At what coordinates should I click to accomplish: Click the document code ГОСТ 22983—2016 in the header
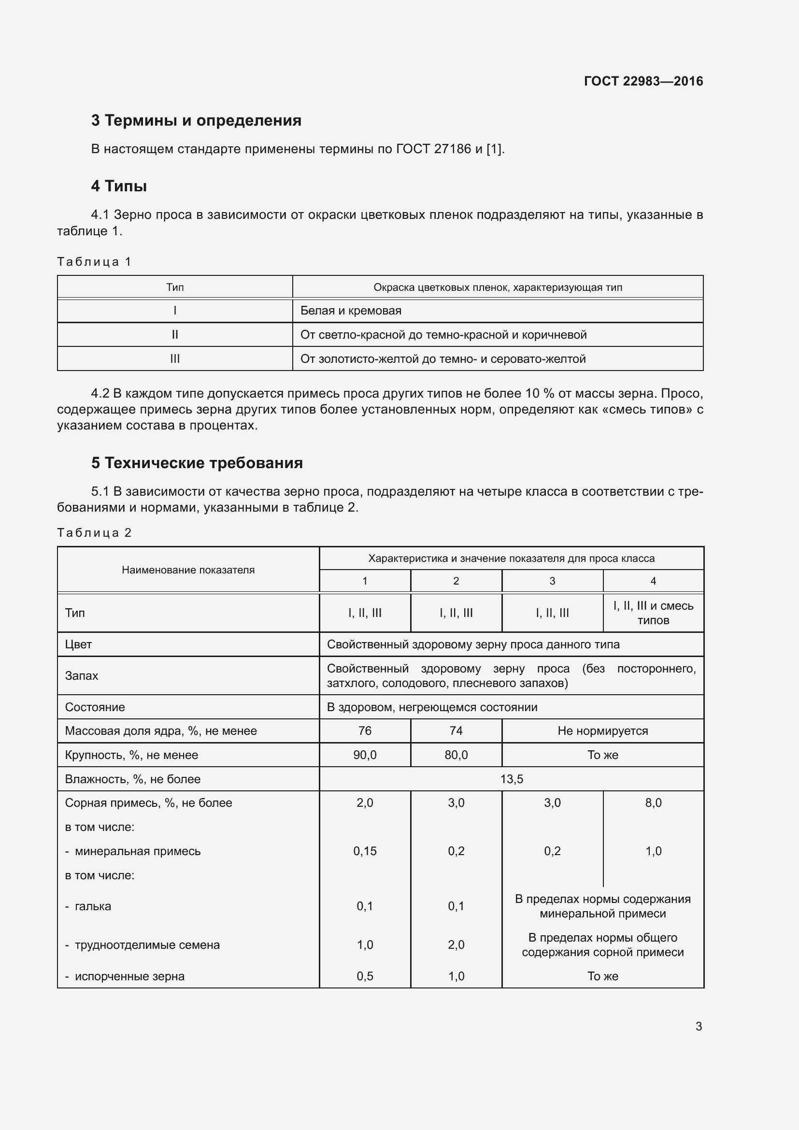pyautogui.click(x=643, y=81)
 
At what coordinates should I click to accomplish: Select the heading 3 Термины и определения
pyautogui.click(x=196, y=120)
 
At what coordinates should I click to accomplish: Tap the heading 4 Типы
pyautogui.click(x=118, y=186)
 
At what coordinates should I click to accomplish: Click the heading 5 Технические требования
pyautogui.click(x=197, y=463)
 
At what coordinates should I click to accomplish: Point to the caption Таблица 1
pyautogui.click(x=94, y=261)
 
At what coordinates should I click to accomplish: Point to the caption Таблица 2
pyautogui.click(x=94, y=532)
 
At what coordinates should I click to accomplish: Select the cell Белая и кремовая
pyautogui.click(x=350, y=311)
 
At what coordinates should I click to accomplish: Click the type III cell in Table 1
pyautogui.click(x=175, y=359)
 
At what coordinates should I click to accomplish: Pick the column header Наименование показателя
pyautogui.click(x=188, y=570)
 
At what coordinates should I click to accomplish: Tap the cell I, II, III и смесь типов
pyautogui.click(x=653, y=613)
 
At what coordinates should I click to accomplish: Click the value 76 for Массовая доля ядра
pyautogui.click(x=365, y=731)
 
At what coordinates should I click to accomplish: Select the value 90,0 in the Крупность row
pyautogui.click(x=365, y=755)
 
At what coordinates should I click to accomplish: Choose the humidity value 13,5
pyautogui.click(x=511, y=779)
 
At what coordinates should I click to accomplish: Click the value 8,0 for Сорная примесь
pyautogui.click(x=653, y=803)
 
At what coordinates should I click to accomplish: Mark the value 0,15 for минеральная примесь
pyautogui.click(x=365, y=851)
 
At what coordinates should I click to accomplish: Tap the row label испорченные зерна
pyautogui.click(x=129, y=976)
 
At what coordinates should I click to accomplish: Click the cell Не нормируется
pyautogui.click(x=602, y=731)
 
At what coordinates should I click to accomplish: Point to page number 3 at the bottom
pyautogui.click(x=698, y=1026)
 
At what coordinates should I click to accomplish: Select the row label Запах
pyautogui.click(x=82, y=676)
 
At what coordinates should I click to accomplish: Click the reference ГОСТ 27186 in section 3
pyautogui.click(x=433, y=149)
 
